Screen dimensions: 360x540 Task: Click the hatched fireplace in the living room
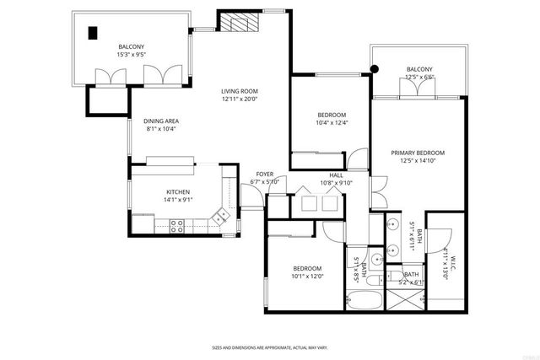tap(235, 22)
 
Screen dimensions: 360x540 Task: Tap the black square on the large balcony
tap(93, 33)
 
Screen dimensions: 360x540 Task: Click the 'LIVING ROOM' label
tap(240, 91)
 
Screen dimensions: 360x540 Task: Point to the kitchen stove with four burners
tap(178, 225)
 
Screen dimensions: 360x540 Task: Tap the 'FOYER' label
tap(264, 175)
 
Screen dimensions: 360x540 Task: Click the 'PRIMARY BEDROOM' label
tap(418, 153)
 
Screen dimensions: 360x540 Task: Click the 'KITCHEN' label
tap(177, 192)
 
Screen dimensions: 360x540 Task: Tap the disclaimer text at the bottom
tap(269, 347)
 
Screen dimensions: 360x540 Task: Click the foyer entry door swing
tap(250, 196)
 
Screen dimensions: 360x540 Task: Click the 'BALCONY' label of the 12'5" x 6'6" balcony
tap(419, 69)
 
